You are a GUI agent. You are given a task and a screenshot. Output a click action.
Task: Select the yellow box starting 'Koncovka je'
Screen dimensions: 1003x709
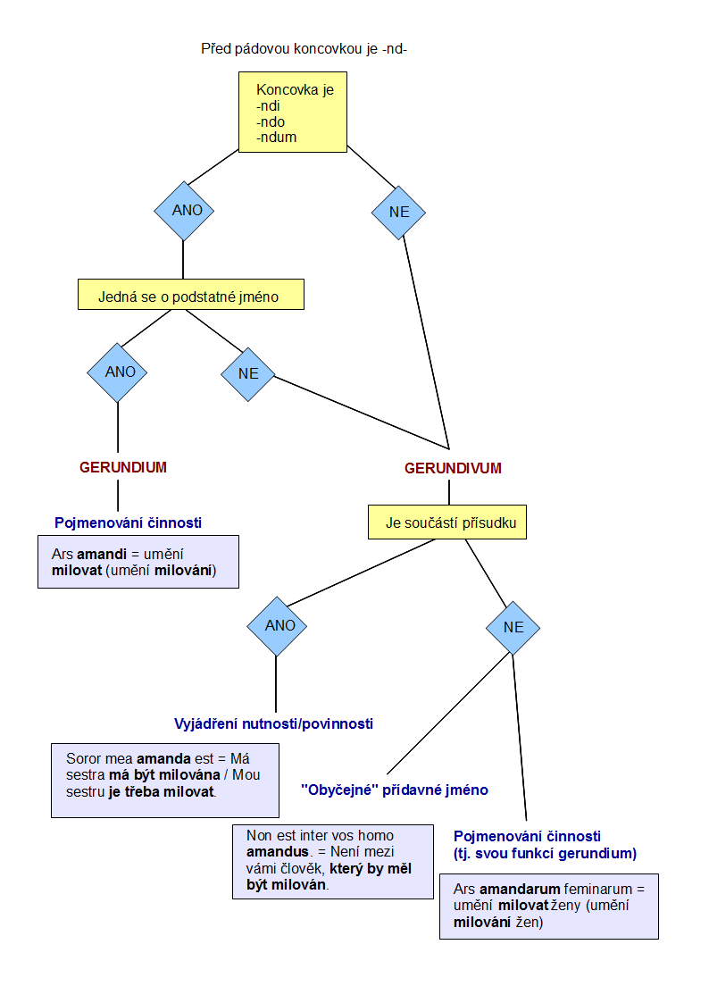292,113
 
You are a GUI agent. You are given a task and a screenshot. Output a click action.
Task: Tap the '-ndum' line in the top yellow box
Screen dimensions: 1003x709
276,138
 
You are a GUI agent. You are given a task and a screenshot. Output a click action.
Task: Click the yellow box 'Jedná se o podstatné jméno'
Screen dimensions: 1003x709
190,295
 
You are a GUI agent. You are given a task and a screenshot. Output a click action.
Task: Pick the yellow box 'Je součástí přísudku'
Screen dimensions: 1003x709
446,522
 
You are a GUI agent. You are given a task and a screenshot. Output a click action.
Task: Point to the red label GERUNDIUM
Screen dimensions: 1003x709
123,467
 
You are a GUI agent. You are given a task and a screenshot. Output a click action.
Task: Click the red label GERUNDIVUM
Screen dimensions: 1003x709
453,468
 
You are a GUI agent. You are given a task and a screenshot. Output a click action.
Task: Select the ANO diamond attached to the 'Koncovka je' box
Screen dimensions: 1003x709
184,211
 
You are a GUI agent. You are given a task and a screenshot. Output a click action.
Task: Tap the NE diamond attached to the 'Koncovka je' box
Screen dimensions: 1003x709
398,213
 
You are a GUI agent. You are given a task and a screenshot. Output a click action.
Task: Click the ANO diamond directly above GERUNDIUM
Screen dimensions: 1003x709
117,372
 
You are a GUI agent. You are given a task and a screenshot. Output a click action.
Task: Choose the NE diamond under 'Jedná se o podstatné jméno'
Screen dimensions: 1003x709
248,373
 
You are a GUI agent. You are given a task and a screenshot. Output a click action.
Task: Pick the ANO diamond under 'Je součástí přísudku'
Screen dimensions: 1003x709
277,626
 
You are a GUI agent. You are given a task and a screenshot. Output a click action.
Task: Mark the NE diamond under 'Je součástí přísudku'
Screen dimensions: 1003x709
513,627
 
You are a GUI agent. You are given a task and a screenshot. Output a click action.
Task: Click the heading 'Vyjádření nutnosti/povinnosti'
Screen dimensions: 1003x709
272,723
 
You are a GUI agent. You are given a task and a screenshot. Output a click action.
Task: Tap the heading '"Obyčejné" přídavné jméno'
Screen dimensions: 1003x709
395,790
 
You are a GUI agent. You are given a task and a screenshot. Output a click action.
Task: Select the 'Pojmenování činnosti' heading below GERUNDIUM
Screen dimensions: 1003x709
128,522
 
